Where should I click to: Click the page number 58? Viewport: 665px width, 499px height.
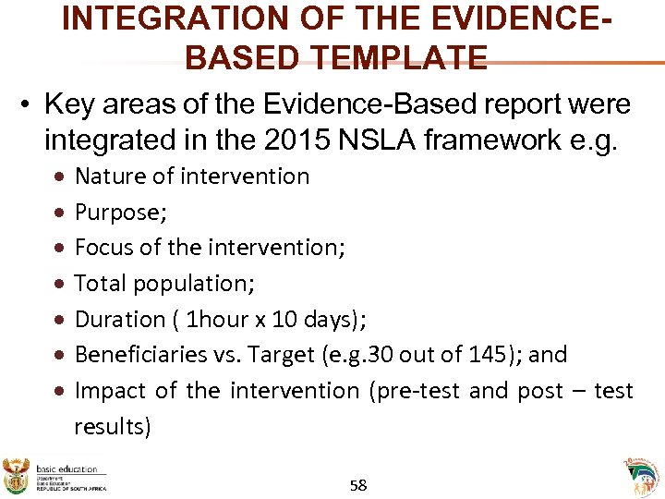point(359,484)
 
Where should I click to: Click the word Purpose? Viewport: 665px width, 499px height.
point(119,212)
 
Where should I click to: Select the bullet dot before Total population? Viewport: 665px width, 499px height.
point(58,284)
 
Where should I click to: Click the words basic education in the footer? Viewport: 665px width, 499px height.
point(66,469)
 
